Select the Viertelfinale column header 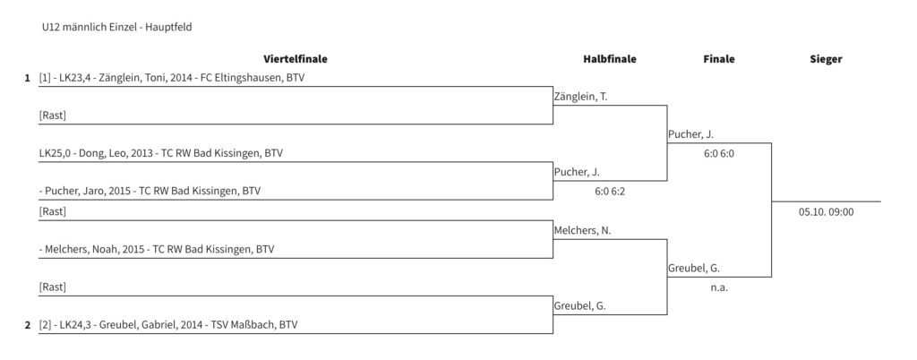296,59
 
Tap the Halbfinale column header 609,59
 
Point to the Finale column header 719,59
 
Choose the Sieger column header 826,59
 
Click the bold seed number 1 27,78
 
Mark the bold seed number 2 27,325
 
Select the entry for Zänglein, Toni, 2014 172,78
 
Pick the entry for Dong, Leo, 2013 161,154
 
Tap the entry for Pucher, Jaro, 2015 150,191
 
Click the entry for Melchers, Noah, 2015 157,250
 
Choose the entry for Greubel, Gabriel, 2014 167,325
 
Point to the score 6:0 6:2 609,191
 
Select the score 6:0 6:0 719,154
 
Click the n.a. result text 719,287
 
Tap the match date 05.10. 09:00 826,212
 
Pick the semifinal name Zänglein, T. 580,97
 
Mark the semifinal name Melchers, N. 582,231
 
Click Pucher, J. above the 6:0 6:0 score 690,134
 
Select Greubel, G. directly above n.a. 694,269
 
